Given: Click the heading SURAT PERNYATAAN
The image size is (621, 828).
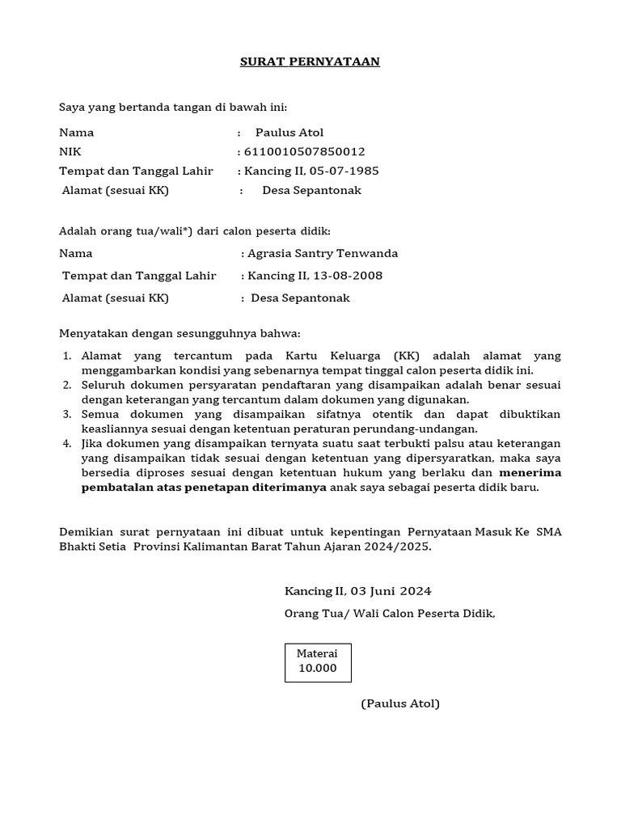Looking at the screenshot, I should click(310, 61).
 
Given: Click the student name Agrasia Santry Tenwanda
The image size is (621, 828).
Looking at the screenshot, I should click(323, 253).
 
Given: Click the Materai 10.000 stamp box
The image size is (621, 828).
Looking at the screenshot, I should click(318, 662).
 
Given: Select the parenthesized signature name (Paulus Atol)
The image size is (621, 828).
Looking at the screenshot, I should click(400, 703).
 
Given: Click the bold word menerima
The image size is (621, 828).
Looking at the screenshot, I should click(530, 472).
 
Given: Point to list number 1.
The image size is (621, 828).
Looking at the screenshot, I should click(66, 356).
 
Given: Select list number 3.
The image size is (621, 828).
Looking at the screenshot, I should click(66, 414).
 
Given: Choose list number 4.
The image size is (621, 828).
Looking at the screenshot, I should click(66, 443).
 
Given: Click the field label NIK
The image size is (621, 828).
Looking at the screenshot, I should click(70, 151).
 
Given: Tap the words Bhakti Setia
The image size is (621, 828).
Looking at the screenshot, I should click(94, 546).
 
